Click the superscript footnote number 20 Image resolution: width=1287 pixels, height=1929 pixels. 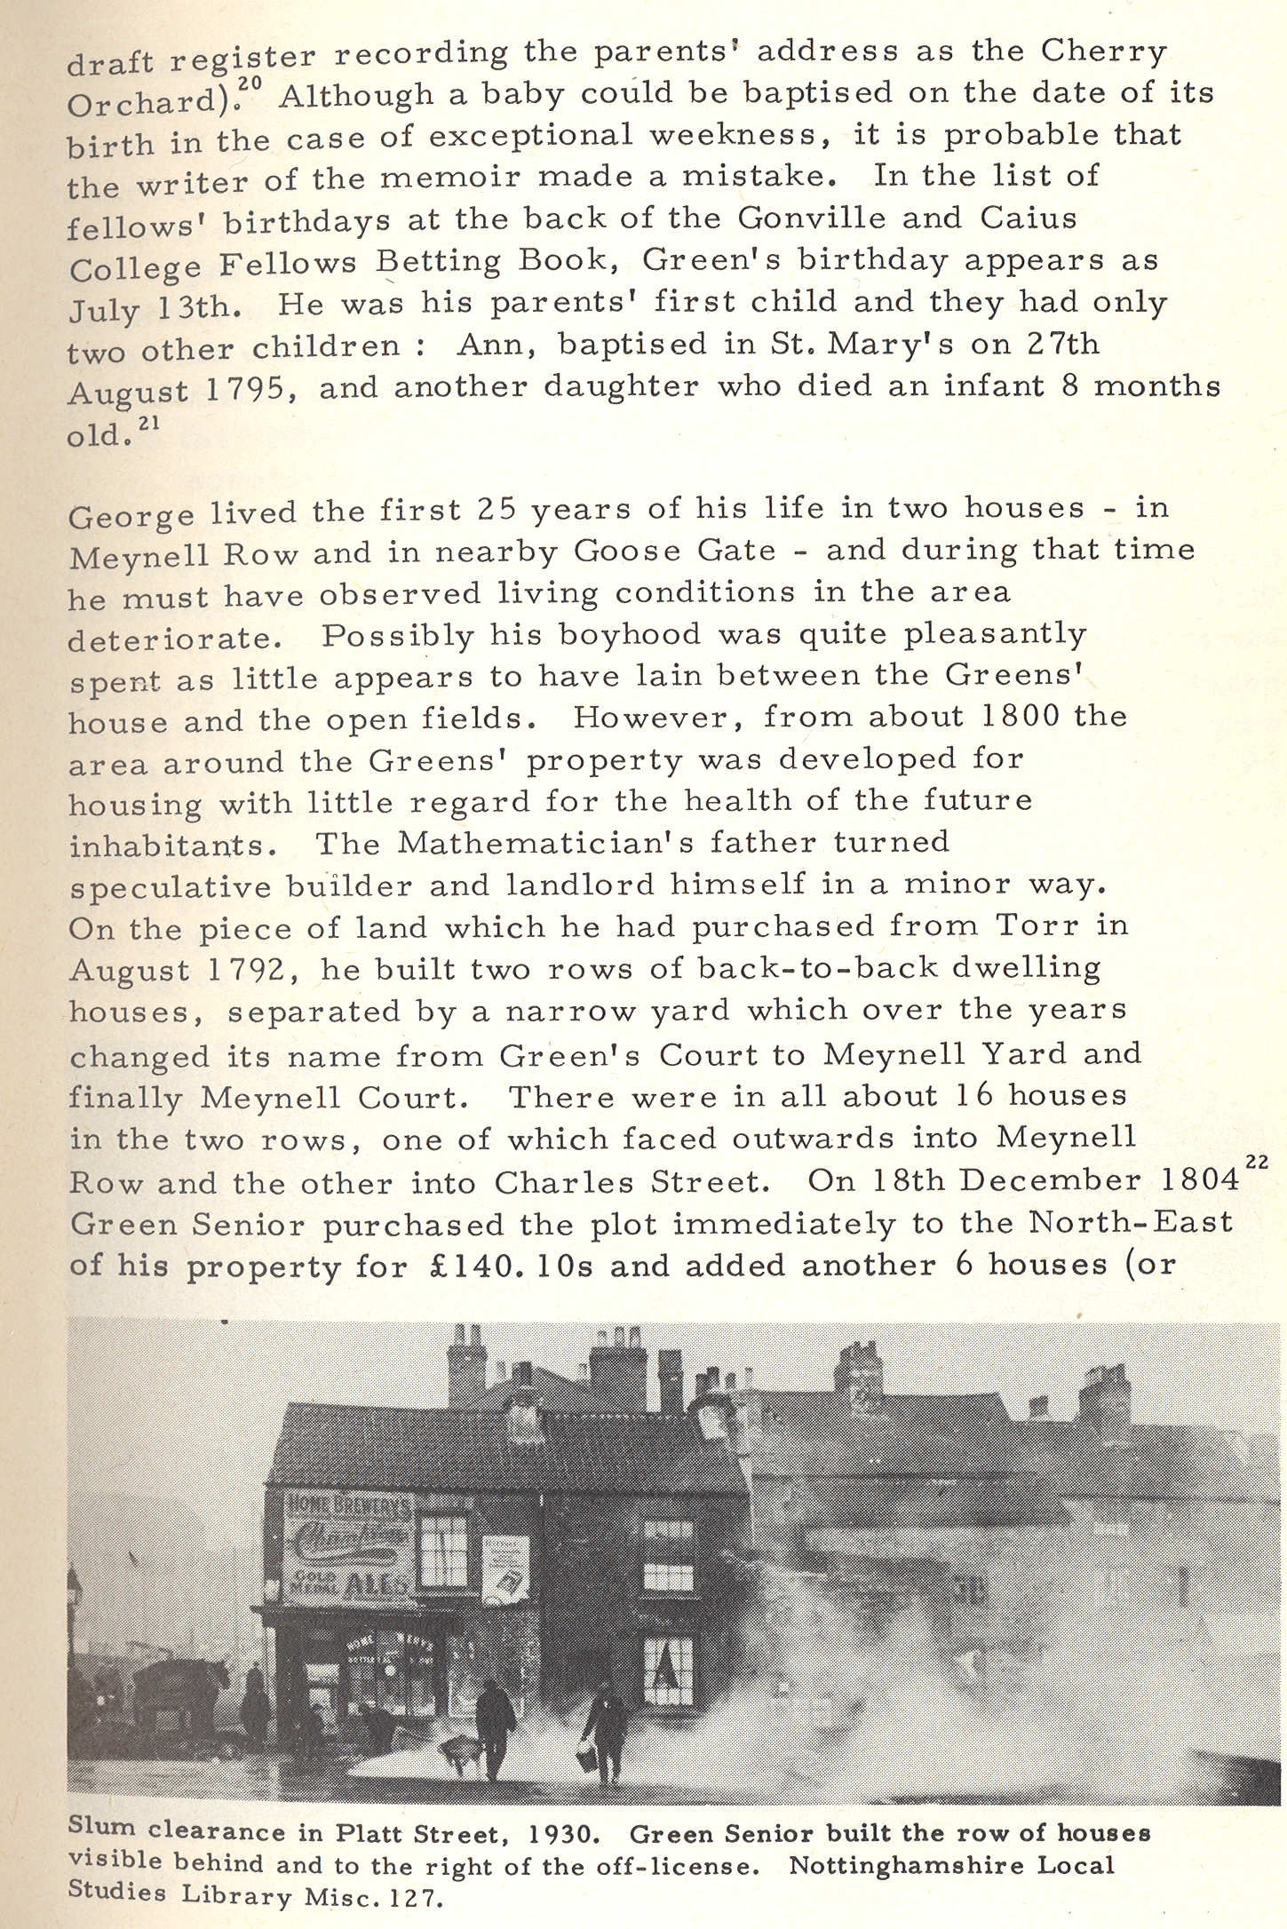253,82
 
